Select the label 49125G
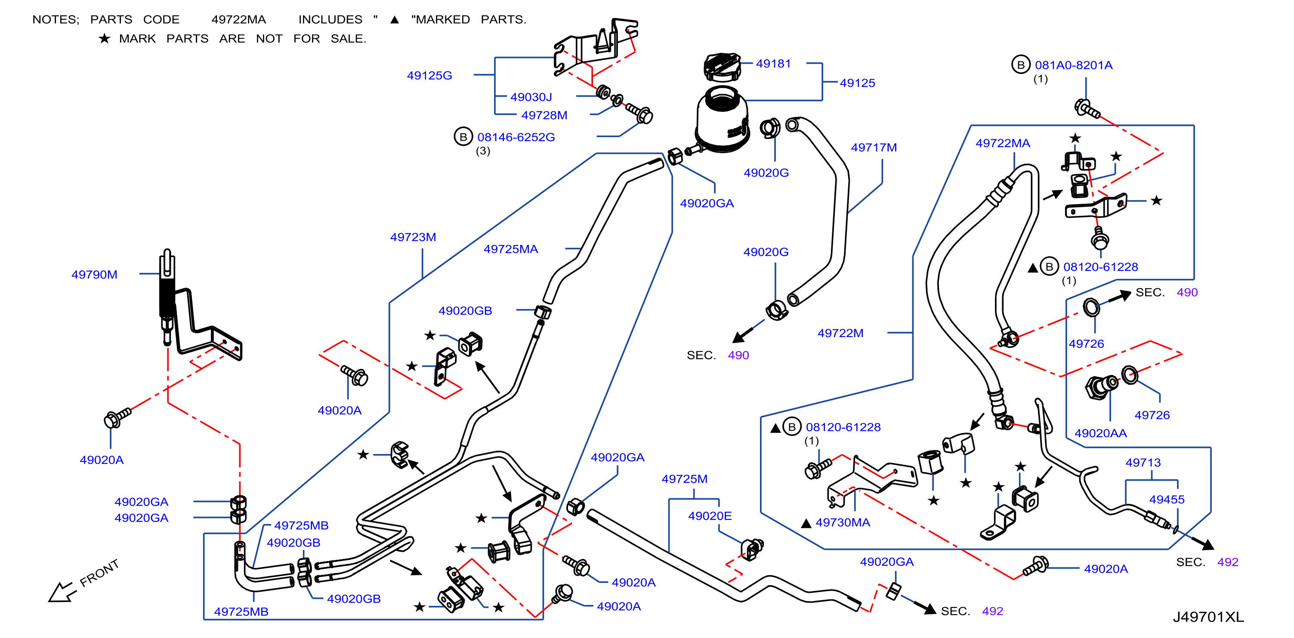coord(429,75)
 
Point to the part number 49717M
coord(874,147)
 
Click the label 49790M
coord(94,275)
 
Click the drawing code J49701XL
coord(1208,617)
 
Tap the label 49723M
coord(413,237)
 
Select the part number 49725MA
coord(511,249)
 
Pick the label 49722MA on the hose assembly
coord(1003,143)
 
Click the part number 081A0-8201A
coord(1074,65)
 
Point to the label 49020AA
coord(1101,433)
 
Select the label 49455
coord(1167,500)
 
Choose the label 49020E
coord(710,516)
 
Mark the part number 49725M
coord(684,479)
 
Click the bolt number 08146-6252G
coord(516,137)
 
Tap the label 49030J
coord(531,97)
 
